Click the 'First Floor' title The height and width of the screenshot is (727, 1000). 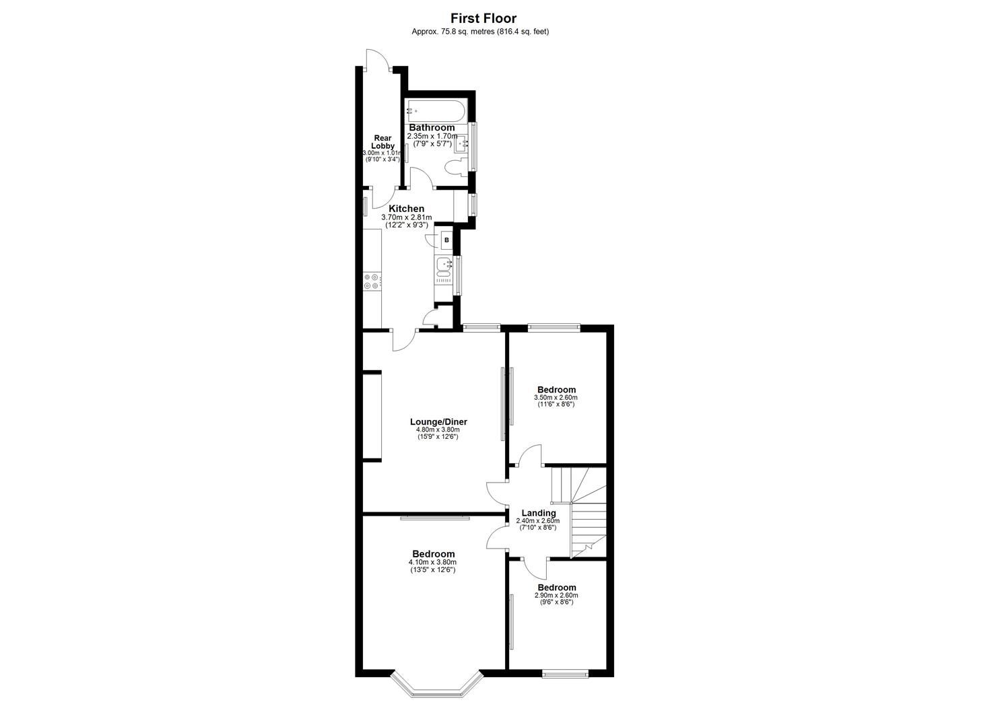(x=483, y=18)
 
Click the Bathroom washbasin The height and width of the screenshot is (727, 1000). (x=463, y=143)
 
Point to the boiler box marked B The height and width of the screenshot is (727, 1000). (x=446, y=240)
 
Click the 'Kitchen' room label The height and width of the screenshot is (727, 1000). (x=406, y=209)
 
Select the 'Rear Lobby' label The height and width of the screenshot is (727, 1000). (x=382, y=142)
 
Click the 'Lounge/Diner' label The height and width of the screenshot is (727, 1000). (x=438, y=422)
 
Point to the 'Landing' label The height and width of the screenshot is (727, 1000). (x=539, y=513)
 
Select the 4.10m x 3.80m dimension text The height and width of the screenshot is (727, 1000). (x=432, y=563)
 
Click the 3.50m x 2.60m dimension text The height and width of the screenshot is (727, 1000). (x=556, y=398)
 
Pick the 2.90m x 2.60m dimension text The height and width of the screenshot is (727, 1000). (x=556, y=596)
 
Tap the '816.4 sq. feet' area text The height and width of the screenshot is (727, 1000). (x=523, y=32)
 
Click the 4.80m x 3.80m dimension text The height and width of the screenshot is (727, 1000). (x=438, y=430)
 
